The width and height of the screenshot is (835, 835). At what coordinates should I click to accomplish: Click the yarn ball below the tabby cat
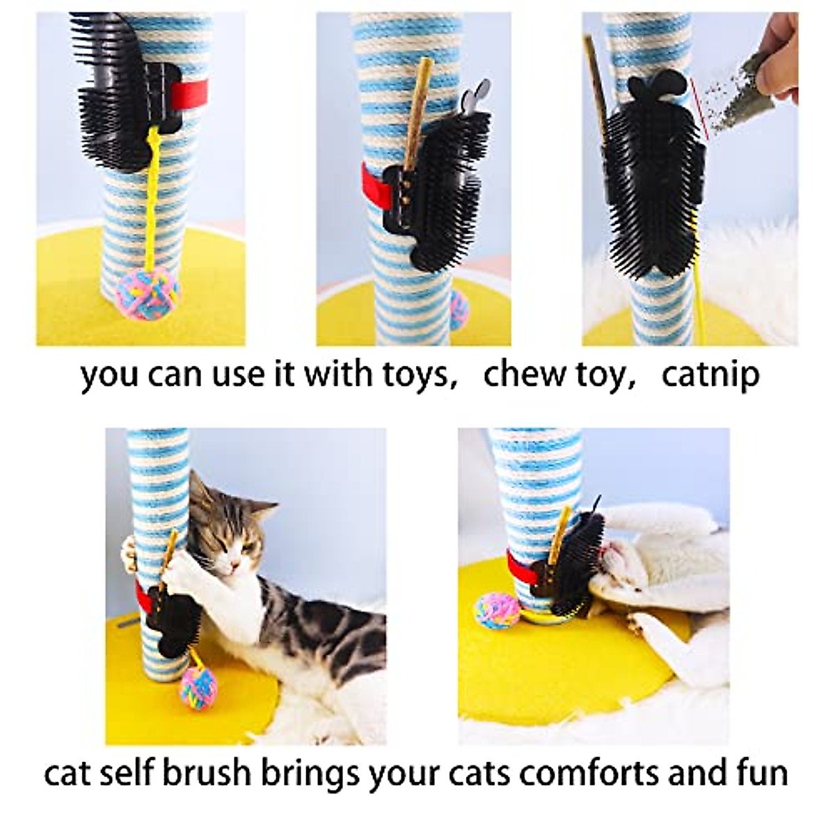198,685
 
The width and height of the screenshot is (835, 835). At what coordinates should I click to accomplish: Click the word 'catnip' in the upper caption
710,374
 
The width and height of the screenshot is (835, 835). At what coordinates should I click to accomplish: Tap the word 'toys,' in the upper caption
415,374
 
